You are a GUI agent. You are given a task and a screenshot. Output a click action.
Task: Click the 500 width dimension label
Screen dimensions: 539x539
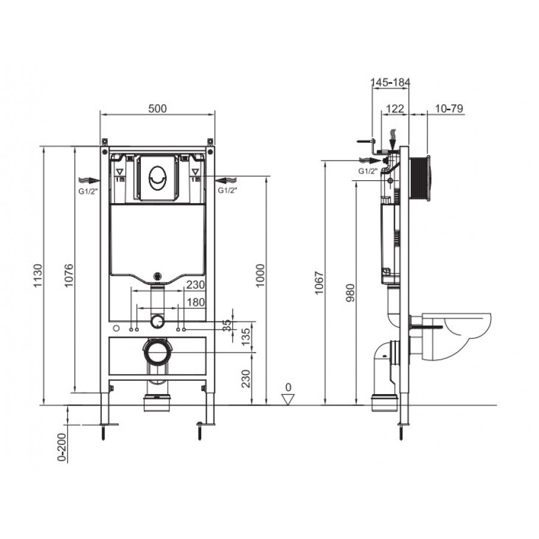158,108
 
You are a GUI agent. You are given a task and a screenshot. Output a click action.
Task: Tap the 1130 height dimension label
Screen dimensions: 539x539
38,275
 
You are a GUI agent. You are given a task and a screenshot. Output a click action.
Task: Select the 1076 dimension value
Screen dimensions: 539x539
69,275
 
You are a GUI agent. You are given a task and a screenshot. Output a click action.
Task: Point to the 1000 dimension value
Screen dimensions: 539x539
261,275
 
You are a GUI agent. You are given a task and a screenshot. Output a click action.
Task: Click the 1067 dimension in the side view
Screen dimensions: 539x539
319,283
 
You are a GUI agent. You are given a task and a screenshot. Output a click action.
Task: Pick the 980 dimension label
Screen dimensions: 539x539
350,293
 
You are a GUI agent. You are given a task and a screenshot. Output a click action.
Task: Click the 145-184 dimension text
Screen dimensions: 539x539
390,82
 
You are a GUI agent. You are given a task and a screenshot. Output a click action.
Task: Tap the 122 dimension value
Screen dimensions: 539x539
395,108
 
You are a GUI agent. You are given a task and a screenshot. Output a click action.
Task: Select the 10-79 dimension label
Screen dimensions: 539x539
449,108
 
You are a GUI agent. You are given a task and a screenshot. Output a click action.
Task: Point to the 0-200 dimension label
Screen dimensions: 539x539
62,447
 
